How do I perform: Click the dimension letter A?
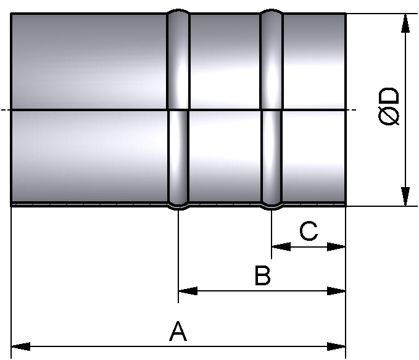(178, 332)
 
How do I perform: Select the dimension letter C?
(308, 232)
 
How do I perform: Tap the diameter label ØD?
(391, 109)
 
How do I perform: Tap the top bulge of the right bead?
(272, 11)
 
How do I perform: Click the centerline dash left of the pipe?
(5, 111)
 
